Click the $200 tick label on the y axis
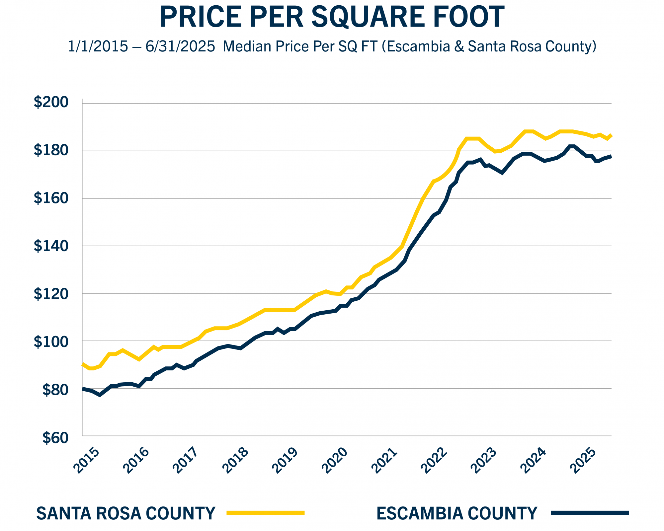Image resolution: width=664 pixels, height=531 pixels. tap(51, 103)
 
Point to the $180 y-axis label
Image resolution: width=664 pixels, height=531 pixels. tap(51, 150)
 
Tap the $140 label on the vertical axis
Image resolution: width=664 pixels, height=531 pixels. tap(51, 246)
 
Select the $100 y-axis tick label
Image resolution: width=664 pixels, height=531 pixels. tap(51, 341)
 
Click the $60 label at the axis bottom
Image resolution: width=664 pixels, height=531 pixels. tap(55, 438)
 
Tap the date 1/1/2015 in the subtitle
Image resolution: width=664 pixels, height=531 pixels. tap(98, 46)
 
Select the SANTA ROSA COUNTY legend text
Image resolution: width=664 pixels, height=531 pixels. tap(126, 513)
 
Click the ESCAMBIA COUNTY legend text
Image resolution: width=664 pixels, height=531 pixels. tap(456, 513)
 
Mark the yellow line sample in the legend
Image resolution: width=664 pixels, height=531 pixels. tap(265, 513)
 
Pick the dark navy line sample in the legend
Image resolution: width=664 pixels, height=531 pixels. tap(590, 513)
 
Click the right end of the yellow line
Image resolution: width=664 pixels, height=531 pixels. tap(611, 135)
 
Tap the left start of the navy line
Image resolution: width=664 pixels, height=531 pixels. tap(83, 389)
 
